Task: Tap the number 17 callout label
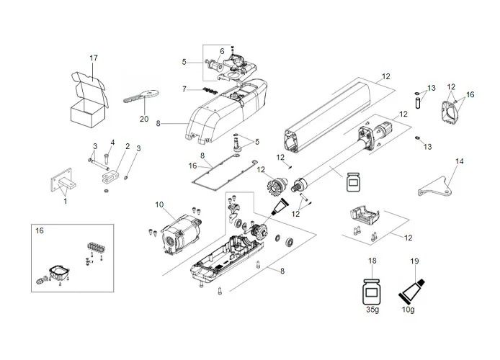click(x=94, y=58)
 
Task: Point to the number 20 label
click(x=144, y=120)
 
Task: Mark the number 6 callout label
click(x=221, y=50)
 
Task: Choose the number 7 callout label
click(x=184, y=89)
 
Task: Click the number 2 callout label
click(x=128, y=146)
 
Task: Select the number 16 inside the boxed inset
click(x=40, y=232)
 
